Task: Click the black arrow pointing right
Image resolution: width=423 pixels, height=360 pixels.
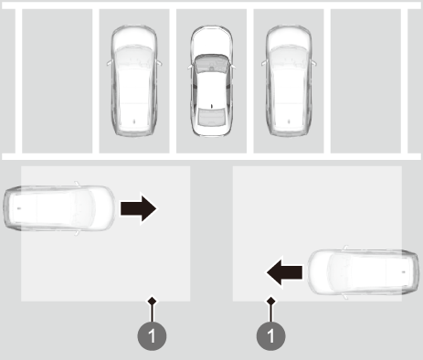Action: (x=139, y=208)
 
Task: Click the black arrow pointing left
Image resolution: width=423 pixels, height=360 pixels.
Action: (x=284, y=272)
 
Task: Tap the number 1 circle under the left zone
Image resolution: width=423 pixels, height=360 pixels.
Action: (x=152, y=335)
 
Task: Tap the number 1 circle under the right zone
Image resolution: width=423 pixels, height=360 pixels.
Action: (x=271, y=335)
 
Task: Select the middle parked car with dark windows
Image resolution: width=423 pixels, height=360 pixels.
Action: (x=212, y=81)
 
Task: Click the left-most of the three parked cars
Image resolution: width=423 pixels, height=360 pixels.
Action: (x=134, y=81)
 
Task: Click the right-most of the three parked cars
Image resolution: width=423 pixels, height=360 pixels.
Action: (x=289, y=81)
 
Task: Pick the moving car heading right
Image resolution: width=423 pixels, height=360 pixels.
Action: (x=59, y=208)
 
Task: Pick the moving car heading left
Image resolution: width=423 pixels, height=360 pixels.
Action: (x=364, y=272)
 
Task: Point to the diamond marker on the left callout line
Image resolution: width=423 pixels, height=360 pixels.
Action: (x=153, y=302)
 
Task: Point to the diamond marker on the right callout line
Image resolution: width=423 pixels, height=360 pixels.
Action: (x=271, y=302)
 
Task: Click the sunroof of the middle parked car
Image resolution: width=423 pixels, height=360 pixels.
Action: (x=211, y=116)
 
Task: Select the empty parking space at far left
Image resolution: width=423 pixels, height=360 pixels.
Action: (x=58, y=81)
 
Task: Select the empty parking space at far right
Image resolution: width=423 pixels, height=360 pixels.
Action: (x=365, y=81)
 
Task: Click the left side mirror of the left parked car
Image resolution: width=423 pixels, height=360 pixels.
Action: (x=109, y=63)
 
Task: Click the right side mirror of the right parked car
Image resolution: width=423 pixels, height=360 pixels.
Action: (x=314, y=63)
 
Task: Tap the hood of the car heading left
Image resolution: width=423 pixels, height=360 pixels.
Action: (x=321, y=272)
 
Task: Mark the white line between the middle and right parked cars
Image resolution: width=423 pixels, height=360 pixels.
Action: (x=250, y=81)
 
